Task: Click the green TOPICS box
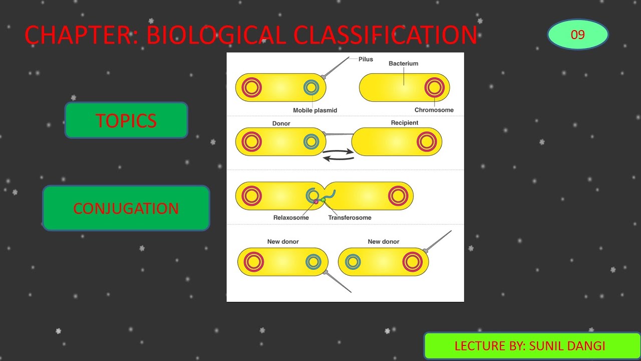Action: pos(126,120)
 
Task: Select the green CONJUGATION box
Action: pos(126,208)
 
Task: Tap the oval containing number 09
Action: pos(577,35)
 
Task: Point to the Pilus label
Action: pos(366,59)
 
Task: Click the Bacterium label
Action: pos(403,64)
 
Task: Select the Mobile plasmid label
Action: pos(315,110)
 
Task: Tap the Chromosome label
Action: pos(434,110)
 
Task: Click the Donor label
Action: pos(281,123)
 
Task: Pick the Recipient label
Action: pos(404,123)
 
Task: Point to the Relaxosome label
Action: pos(291,218)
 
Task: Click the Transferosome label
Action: pos(350,218)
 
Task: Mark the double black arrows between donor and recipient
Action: pos(338,154)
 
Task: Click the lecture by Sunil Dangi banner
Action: pos(532,346)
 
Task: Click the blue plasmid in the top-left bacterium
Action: pos(311,88)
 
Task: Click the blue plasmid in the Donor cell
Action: pos(311,141)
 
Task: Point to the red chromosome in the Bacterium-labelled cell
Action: pos(434,88)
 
